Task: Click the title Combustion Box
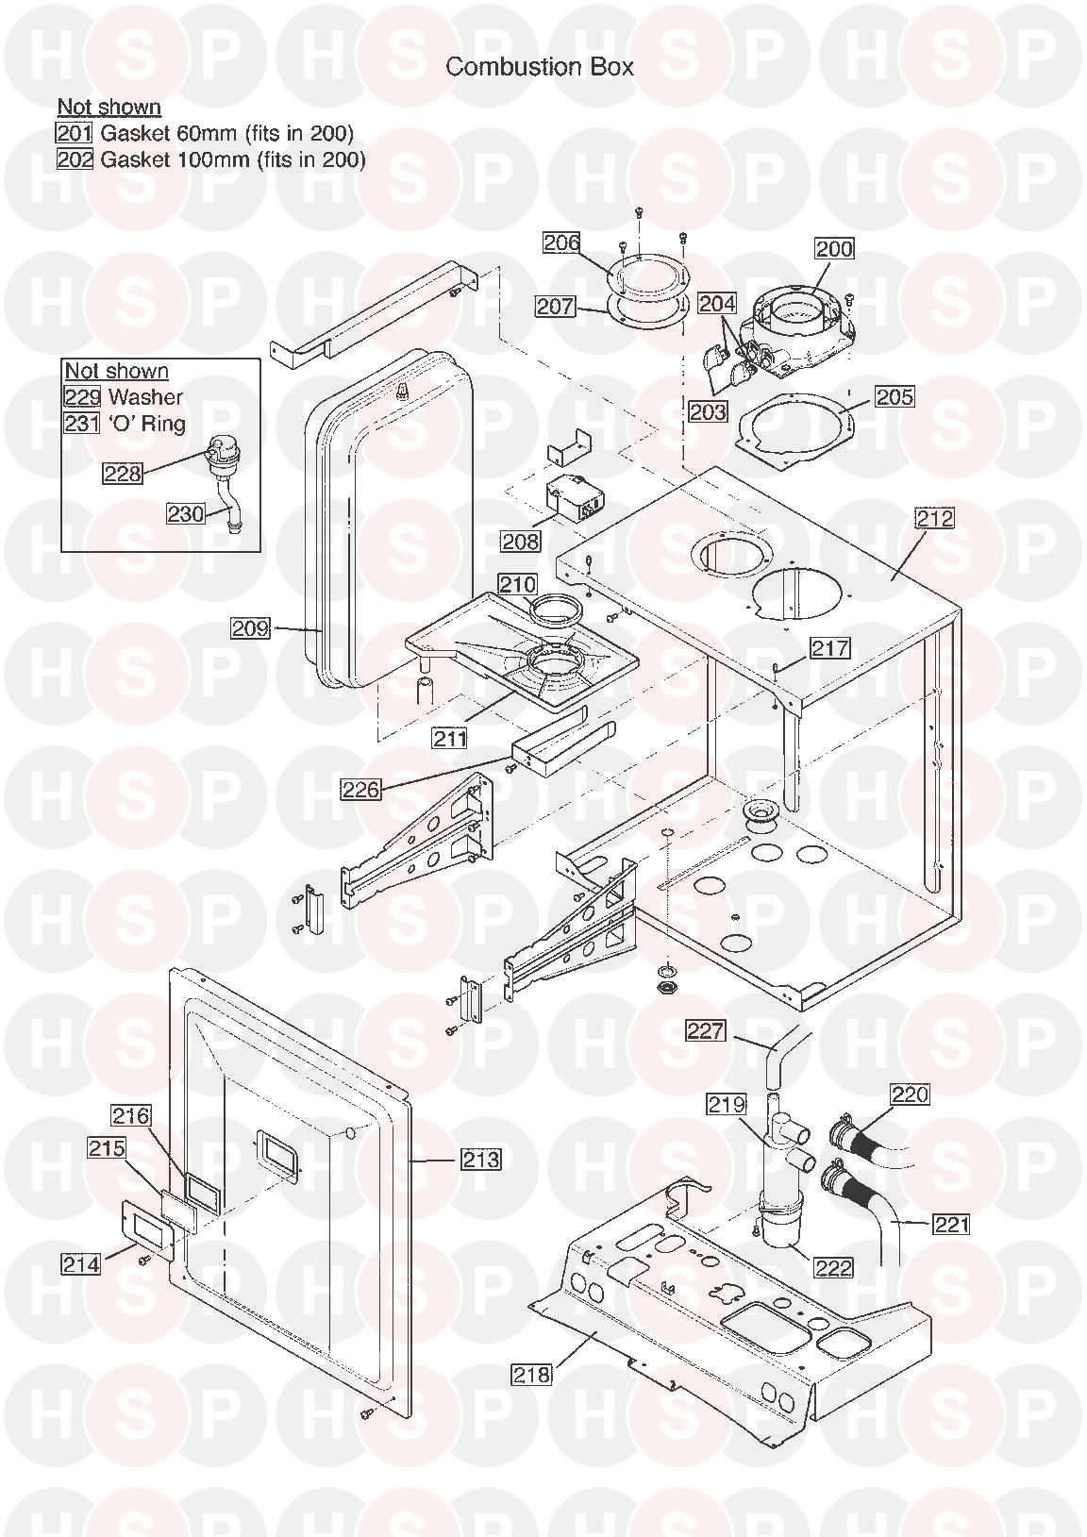click(x=539, y=66)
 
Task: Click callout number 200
click(x=833, y=248)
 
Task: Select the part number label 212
click(x=934, y=518)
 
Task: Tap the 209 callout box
click(x=251, y=627)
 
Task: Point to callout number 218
click(x=531, y=1375)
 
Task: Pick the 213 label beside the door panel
click(x=481, y=1159)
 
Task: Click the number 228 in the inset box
click(x=123, y=473)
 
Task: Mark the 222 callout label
click(x=832, y=1267)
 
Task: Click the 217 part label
click(x=830, y=648)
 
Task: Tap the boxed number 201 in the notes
click(x=75, y=133)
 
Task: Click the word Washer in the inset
click(x=145, y=397)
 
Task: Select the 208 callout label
click(x=520, y=541)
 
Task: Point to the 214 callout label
click(x=80, y=1262)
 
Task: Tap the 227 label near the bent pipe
click(x=705, y=1031)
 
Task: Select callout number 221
click(x=951, y=1224)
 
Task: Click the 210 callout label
click(x=517, y=585)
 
